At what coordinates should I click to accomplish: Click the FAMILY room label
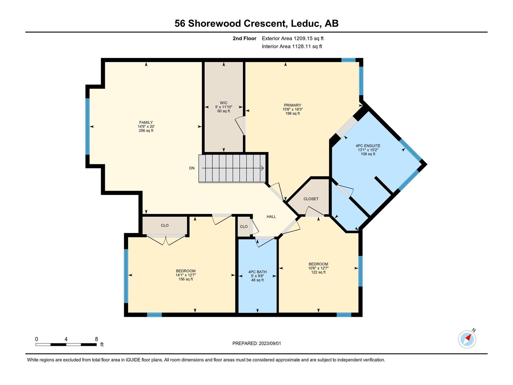pyautogui.click(x=146, y=122)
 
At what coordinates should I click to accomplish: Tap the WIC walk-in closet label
pyautogui.click(x=223, y=103)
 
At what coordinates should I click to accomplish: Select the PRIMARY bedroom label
pyautogui.click(x=292, y=105)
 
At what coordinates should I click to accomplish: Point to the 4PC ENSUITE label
pyautogui.click(x=368, y=146)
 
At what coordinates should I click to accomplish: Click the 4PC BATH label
pyautogui.click(x=257, y=272)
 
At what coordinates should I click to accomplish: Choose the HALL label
pyautogui.click(x=271, y=217)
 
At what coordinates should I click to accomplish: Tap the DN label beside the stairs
pyautogui.click(x=192, y=168)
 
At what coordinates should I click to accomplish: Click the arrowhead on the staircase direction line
pyautogui.click(x=263, y=168)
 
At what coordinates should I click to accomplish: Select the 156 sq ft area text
pyautogui.click(x=186, y=279)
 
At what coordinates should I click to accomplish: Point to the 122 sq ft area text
pyautogui.click(x=318, y=272)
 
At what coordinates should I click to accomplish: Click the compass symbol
pyautogui.click(x=467, y=339)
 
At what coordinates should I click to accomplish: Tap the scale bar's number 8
pyautogui.click(x=96, y=339)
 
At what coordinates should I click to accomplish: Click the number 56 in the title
pyautogui.click(x=180, y=23)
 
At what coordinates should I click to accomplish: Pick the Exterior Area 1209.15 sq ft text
pyautogui.click(x=293, y=38)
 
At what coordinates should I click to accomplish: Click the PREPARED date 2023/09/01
pyautogui.click(x=270, y=343)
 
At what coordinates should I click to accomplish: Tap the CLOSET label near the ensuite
pyautogui.click(x=311, y=199)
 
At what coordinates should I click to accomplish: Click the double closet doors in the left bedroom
pyautogui.click(x=166, y=240)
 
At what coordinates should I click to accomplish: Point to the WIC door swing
pyautogui.click(x=240, y=126)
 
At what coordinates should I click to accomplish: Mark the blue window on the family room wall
pyautogui.click(x=88, y=126)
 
